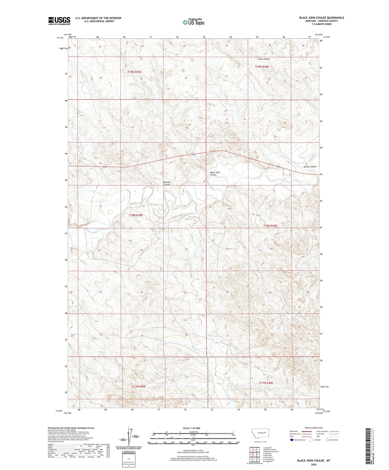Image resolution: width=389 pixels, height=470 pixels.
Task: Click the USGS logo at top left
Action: [x=59, y=21]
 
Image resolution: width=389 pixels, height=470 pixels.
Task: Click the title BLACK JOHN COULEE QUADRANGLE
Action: [x=321, y=18]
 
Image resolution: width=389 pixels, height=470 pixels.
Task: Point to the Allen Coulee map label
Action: [x=264, y=59]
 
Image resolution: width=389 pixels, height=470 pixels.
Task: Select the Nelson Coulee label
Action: [x=310, y=167]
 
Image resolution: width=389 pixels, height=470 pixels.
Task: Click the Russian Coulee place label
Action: [x=167, y=183]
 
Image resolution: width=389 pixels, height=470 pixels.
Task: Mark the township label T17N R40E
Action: [x=266, y=383]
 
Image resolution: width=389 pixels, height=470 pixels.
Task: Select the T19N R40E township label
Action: [x=262, y=66]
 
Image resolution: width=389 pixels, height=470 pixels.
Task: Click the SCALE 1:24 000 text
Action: [x=191, y=428]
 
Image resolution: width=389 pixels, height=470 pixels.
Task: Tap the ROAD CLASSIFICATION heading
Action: [x=314, y=428]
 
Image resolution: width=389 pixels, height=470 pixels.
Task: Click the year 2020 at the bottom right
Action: [x=314, y=464]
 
